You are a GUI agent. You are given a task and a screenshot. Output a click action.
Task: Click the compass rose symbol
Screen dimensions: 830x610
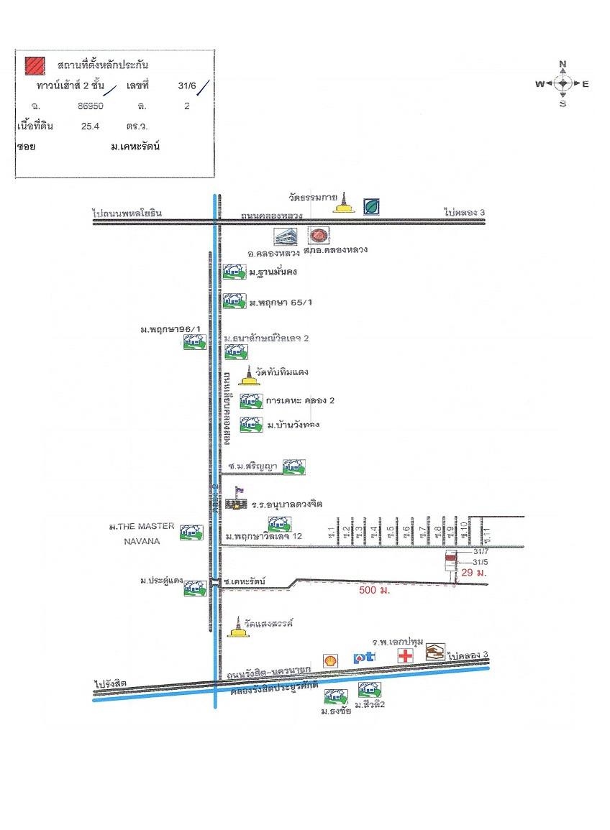coord(563,84)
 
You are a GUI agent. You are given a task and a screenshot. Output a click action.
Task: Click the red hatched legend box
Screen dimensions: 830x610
coord(33,65)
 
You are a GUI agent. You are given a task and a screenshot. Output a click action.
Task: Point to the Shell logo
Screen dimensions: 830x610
coord(331,659)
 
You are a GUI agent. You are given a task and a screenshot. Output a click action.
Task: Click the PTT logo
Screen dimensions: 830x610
coord(363,658)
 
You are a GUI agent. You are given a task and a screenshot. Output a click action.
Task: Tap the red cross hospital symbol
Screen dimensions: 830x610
coord(406,655)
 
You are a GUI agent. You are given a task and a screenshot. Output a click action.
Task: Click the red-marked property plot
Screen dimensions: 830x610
coord(451,555)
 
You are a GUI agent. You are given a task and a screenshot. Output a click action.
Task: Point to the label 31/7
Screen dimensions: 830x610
coord(481,552)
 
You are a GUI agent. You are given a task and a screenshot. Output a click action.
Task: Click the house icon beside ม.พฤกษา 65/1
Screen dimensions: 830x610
coord(234,300)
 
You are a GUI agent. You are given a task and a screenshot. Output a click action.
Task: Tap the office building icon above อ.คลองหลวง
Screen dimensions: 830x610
coord(285,236)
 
